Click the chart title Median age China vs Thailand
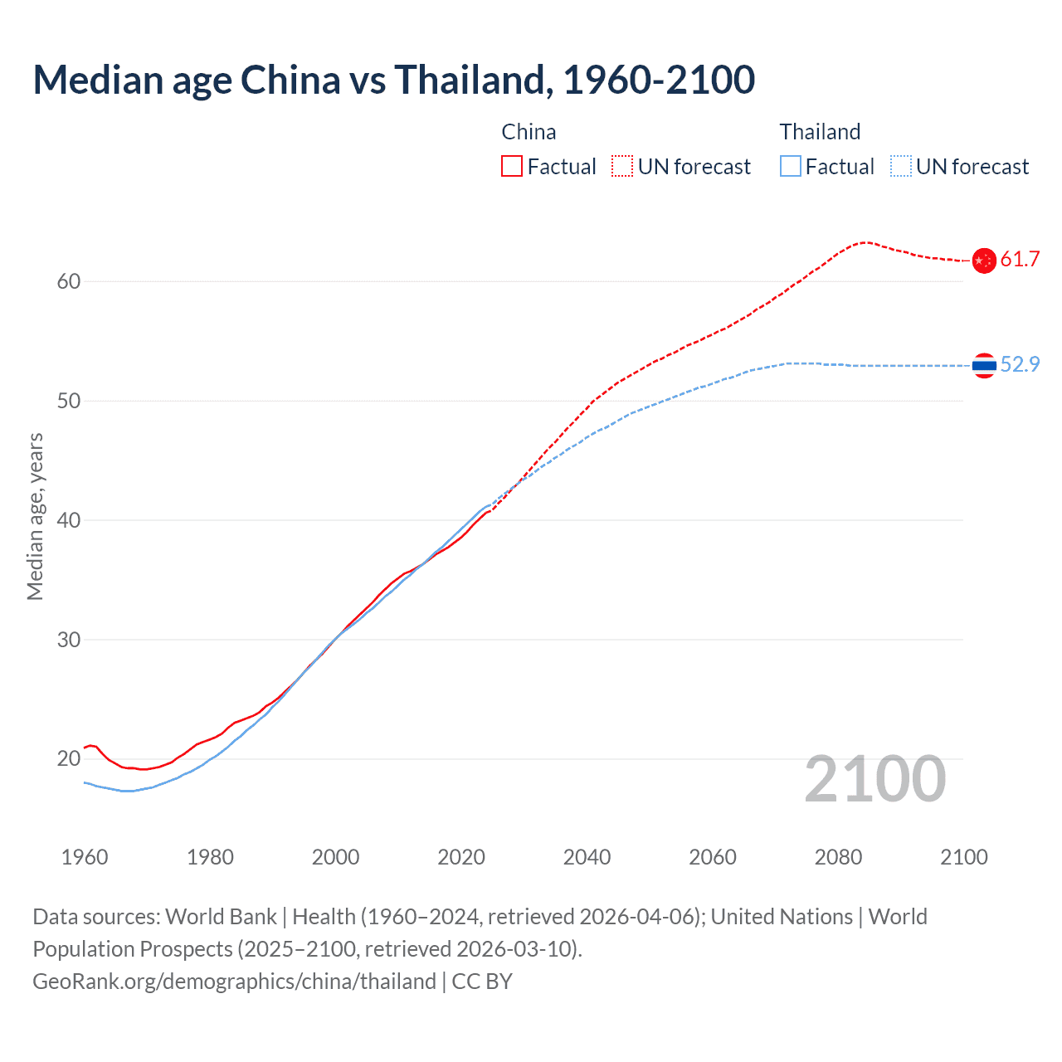pyautogui.click(x=393, y=80)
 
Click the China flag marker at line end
pyautogui.click(x=984, y=261)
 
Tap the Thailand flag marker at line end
pyautogui.click(x=984, y=365)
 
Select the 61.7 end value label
pyautogui.click(x=1020, y=260)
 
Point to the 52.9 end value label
pyautogui.click(x=1020, y=365)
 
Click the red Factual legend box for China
pyautogui.click(x=512, y=167)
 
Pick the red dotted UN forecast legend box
pyautogui.click(x=622, y=167)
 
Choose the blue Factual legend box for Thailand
pyautogui.click(x=791, y=167)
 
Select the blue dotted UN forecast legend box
pyautogui.click(x=900, y=167)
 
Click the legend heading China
pyautogui.click(x=529, y=132)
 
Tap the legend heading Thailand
pyautogui.click(x=820, y=132)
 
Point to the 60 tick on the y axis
pyautogui.click(x=69, y=282)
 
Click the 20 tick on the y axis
pyautogui.click(x=69, y=759)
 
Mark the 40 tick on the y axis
pyautogui.click(x=69, y=521)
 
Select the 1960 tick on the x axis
pyautogui.click(x=85, y=857)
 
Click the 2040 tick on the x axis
pyautogui.click(x=587, y=857)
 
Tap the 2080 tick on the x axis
pyautogui.click(x=838, y=857)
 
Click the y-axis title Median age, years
pyautogui.click(x=35, y=516)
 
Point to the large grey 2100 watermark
pyautogui.click(x=874, y=779)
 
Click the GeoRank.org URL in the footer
pyautogui.click(x=234, y=982)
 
